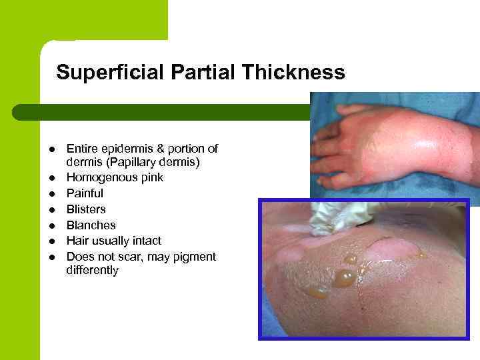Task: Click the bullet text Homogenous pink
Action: [115, 177]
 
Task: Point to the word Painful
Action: [85, 193]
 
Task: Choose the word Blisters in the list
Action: [86, 209]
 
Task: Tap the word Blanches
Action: [91, 225]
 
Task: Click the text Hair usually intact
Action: [114, 241]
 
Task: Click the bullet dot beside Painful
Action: [51, 194]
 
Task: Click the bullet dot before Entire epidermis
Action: [51, 149]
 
